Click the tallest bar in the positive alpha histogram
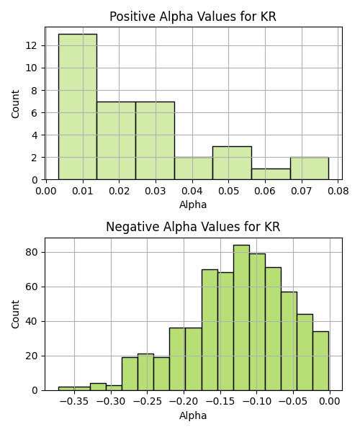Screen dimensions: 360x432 point(78,107)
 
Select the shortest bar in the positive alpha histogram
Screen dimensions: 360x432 point(271,174)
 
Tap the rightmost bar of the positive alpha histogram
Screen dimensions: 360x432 point(310,168)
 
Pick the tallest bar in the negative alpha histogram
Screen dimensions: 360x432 point(242,318)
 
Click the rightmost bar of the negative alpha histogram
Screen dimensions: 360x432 point(321,361)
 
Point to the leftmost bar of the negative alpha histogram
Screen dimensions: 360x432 point(66,389)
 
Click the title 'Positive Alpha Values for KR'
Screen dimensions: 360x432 point(193,17)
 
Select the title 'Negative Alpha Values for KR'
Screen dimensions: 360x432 point(193,227)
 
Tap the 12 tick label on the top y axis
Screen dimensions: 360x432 point(32,45)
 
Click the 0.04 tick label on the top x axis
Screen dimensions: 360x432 point(192,191)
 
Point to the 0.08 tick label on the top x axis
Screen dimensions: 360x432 point(338,191)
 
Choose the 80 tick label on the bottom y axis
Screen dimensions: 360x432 point(32,253)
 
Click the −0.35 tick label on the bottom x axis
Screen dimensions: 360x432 point(74,402)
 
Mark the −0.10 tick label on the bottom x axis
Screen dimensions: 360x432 point(257,402)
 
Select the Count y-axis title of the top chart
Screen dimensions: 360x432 point(15,104)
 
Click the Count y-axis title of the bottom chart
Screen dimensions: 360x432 point(15,315)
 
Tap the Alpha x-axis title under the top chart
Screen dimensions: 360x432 point(193,204)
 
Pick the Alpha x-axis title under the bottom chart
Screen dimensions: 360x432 point(193,415)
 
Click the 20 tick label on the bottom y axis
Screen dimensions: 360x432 point(32,356)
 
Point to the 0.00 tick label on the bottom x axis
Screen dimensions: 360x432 point(330,402)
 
